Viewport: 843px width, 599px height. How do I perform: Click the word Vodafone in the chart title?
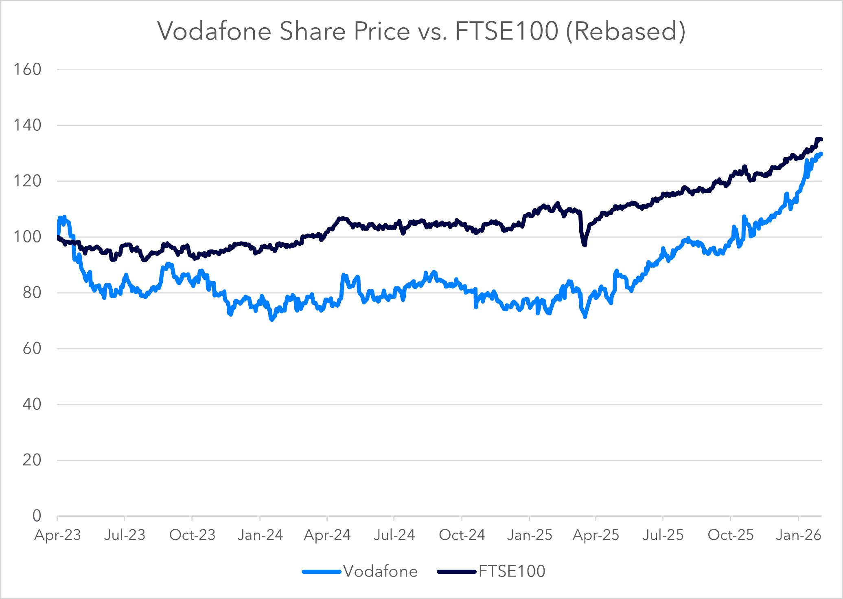pyautogui.click(x=214, y=31)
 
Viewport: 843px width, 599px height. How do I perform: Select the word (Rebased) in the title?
pyautogui.click(x=626, y=31)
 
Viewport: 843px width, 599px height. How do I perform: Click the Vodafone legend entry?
pyautogui.click(x=380, y=571)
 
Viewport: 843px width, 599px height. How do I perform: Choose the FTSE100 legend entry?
pyautogui.click(x=511, y=571)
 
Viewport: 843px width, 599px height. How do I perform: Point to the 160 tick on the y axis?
pyautogui.click(x=27, y=70)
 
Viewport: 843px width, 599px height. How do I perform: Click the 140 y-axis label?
pyautogui.click(x=27, y=126)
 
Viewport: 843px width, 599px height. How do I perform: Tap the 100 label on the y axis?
pyautogui.click(x=27, y=237)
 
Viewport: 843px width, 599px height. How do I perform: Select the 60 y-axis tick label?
pyautogui.click(x=32, y=348)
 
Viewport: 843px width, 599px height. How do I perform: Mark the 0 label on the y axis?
pyautogui.click(x=37, y=516)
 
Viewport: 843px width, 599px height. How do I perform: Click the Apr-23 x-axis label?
pyautogui.click(x=57, y=535)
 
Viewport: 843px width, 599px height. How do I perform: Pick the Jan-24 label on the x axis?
pyautogui.click(x=260, y=535)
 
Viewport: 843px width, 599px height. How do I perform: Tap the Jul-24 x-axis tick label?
pyautogui.click(x=394, y=535)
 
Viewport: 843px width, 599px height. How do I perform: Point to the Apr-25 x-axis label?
pyautogui.click(x=596, y=535)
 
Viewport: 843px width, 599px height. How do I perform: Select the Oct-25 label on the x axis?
pyautogui.click(x=731, y=535)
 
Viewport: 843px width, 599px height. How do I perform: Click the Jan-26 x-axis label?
pyautogui.click(x=798, y=535)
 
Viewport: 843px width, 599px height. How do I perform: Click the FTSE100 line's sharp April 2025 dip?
pyautogui.click(x=585, y=245)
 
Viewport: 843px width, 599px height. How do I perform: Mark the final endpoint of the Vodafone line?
pyautogui.click(x=821, y=154)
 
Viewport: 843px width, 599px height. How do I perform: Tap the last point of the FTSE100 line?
pyautogui.click(x=821, y=139)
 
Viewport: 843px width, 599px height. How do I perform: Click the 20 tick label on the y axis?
pyautogui.click(x=32, y=460)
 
